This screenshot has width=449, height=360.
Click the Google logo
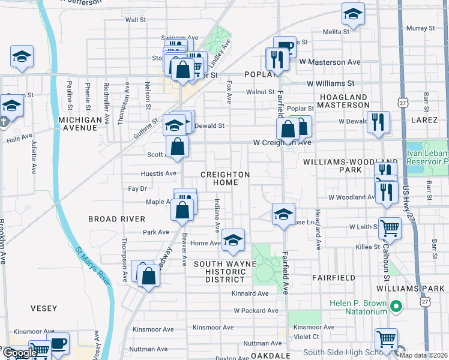(x=19, y=353)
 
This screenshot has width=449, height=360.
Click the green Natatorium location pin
(x=395, y=307)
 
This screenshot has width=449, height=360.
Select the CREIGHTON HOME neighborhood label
(x=224, y=178)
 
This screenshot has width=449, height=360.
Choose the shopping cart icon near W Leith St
(x=390, y=227)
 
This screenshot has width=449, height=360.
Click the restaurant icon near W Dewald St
(x=379, y=122)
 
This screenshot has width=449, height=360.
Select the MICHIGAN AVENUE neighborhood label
(x=80, y=124)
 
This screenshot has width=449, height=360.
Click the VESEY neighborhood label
(x=44, y=308)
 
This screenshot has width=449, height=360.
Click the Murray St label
(x=420, y=28)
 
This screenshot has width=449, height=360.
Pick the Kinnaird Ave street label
(x=250, y=293)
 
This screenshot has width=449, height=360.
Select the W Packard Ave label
(x=256, y=311)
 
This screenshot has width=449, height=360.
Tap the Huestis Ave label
(x=158, y=173)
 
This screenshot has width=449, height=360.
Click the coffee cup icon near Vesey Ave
(x=58, y=344)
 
